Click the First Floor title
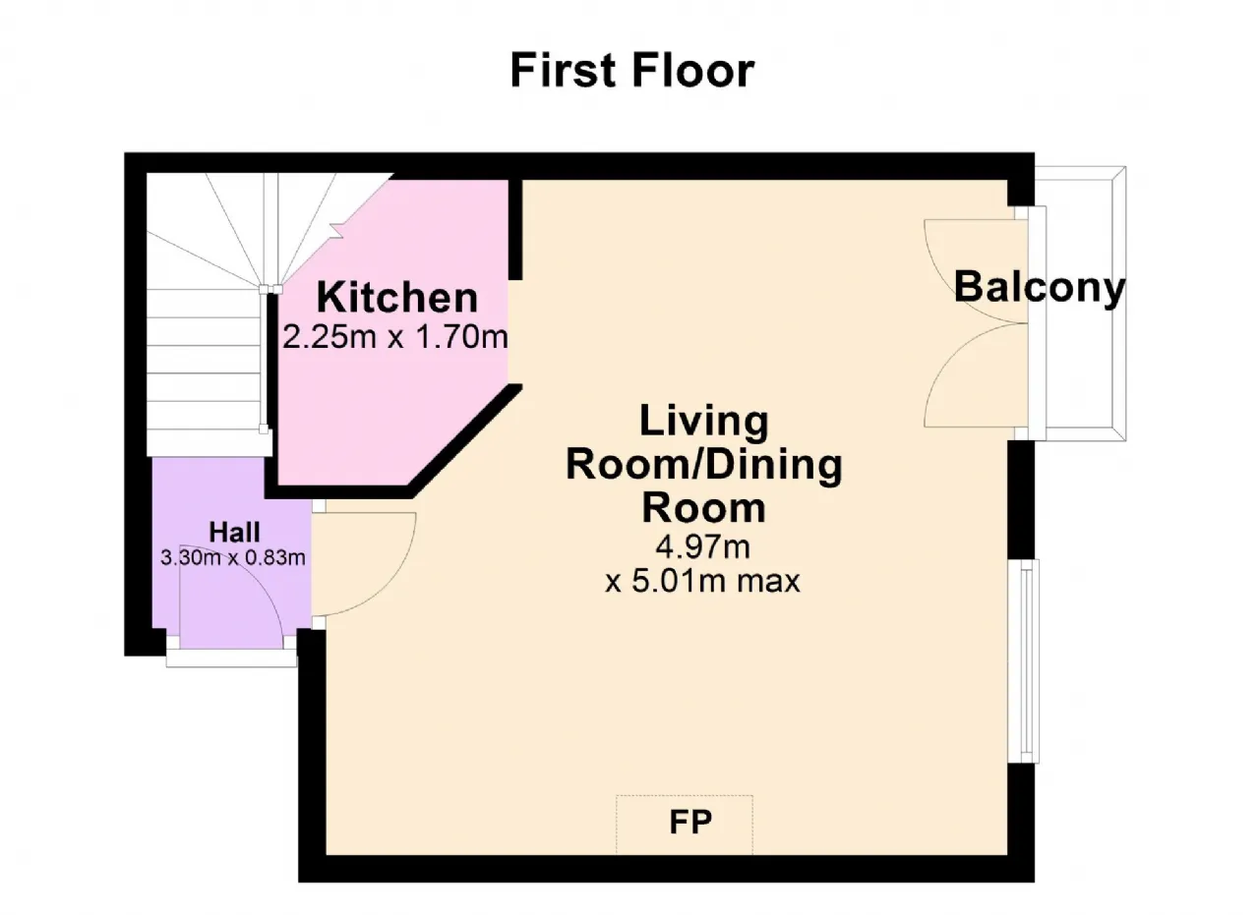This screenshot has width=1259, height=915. coord(631,71)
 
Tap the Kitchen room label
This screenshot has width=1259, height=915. coord(396,297)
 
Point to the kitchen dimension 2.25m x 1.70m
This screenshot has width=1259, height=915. coord(395,337)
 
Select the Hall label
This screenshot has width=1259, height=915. coord(234,532)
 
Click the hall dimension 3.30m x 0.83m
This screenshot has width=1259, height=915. coord(233,558)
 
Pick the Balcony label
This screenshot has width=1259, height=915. coord(1040,288)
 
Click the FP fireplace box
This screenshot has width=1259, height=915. coord(684,824)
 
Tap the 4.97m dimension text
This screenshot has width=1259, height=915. coord(702,546)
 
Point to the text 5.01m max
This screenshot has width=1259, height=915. coord(715,581)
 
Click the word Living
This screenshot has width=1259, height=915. coord(703,422)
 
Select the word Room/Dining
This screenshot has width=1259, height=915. coord(703,466)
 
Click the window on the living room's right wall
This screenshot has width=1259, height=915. coord(1024,661)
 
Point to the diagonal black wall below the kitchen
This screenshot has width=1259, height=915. coord(465,442)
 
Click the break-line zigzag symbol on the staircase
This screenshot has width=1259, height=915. coord(337,230)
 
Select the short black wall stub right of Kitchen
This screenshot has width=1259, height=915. coord(515,229)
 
